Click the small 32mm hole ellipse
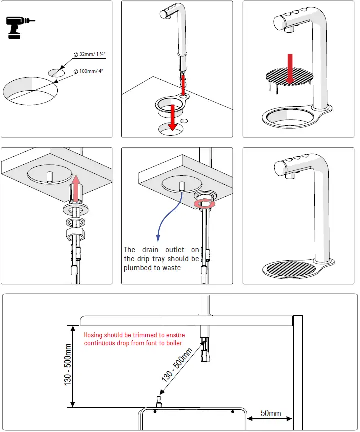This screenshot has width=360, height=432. click(x=56, y=72)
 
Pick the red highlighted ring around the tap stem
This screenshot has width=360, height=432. click(x=204, y=203)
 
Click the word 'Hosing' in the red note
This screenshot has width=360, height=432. click(x=94, y=335)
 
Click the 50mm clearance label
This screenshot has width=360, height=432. click(x=271, y=414)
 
